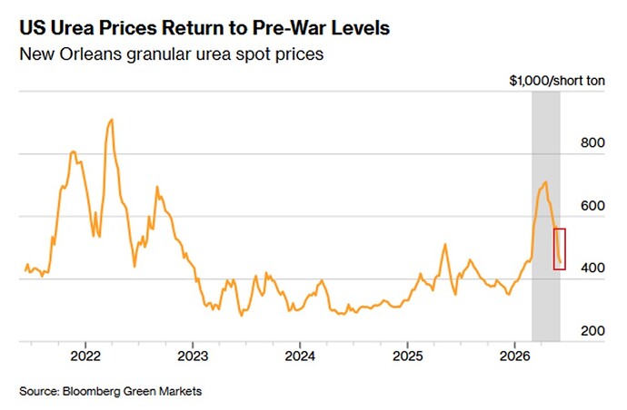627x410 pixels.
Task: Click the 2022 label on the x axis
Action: (x=85, y=356)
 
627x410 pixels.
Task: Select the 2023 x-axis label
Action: (x=193, y=356)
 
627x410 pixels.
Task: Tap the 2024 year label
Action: (x=300, y=356)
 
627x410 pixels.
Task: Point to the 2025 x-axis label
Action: (x=407, y=356)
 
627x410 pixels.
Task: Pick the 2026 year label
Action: (x=514, y=356)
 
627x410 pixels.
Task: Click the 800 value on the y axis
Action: (x=592, y=143)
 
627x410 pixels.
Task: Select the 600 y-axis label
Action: (x=592, y=206)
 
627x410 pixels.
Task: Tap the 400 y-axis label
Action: (x=592, y=268)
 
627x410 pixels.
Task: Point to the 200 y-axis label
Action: (x=592, y=330)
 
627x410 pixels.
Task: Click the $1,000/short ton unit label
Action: (x=557, y=81)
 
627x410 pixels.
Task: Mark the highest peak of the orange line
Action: (x=112, y=120)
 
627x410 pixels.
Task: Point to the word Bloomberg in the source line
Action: (x=91, y=391)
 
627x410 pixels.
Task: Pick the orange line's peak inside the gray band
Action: (x=545, y=182)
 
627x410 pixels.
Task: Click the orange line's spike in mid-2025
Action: (x=444, y=244)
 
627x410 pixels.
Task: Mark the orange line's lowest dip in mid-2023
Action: (x=241, y=316)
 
